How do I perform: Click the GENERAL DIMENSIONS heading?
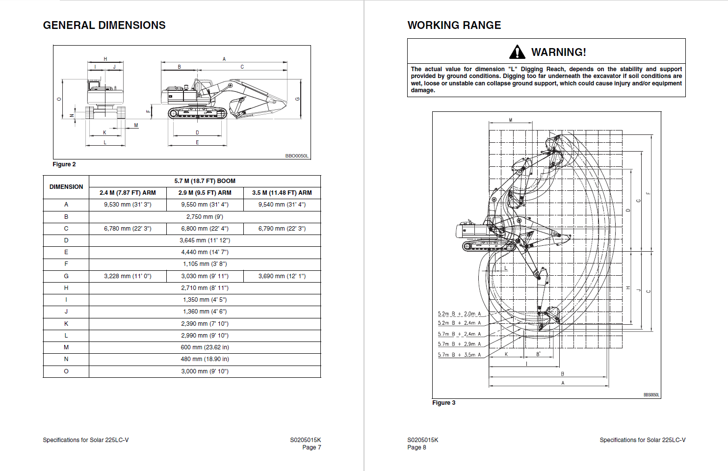[x=104, y=26]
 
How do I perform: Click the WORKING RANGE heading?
[x=454, y=26]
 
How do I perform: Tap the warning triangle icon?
[x=517, y=52]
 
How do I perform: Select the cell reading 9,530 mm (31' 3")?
[x=128, y=205]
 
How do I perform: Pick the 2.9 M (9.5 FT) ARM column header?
[x=205, y=193]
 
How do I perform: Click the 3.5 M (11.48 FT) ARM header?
[x=282, y=193]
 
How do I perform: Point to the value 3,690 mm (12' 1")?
[x=282, y=276]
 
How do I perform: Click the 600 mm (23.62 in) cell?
[x=205, y=347]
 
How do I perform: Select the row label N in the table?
[x=66, y=359]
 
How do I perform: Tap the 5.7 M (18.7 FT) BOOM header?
[x=205, y=181]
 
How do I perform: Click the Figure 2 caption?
[x=64, y=164]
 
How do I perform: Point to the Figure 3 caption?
[x=443, y=403]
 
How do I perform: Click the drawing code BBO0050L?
[x=297, y=156]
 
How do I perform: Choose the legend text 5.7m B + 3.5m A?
[x=459, y=355]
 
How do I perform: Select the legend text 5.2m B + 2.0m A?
[x=459, y=314]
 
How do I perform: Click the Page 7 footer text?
[x=312, y=447]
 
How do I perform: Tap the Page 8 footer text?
[x=416, y=447]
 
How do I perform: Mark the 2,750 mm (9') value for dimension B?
[x=205, y=217]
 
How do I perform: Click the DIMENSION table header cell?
[x=66, y=187]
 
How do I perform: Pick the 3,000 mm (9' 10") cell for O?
[x=205, y=371]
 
